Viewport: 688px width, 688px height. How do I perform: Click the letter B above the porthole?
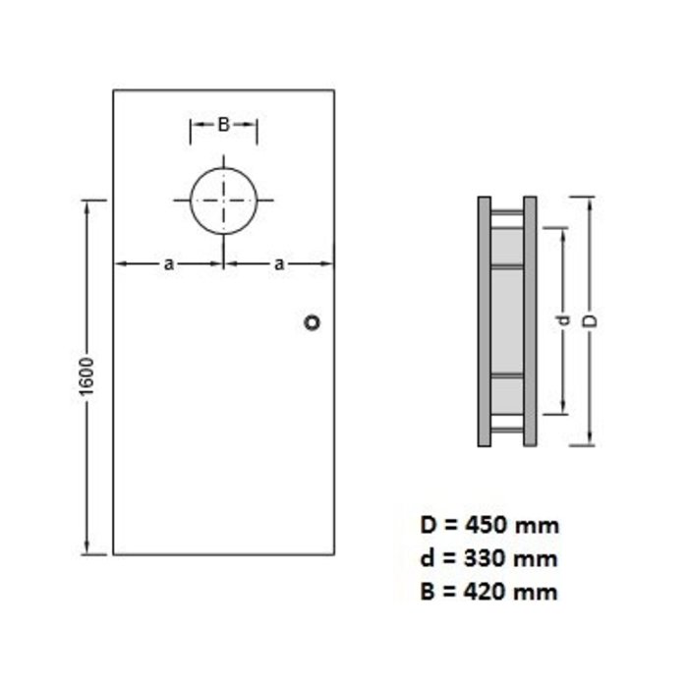click(x=223, y=125)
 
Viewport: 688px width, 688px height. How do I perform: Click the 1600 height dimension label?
click(x=86, y=377)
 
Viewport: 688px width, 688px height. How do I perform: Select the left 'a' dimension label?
click(x=169, y=263)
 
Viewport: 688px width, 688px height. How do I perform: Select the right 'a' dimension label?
click(x=280, y=263)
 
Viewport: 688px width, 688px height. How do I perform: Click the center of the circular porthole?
click(x=224, y=201)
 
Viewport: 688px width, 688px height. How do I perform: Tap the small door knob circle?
click(x=313, y=322)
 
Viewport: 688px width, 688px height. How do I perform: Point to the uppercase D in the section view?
click(x=591, y=321)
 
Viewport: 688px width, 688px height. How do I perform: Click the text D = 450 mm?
click(x=488, y=526)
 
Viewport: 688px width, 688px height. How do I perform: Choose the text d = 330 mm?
click(x=488, y=559)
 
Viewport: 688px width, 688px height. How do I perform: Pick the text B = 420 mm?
click(x=488, y=592)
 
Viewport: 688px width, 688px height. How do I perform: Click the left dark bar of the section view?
click(x=485, y=321)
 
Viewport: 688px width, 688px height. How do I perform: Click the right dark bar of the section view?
click(x=530, y=321)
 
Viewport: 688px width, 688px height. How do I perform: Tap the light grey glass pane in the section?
click(x=507, y=321)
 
